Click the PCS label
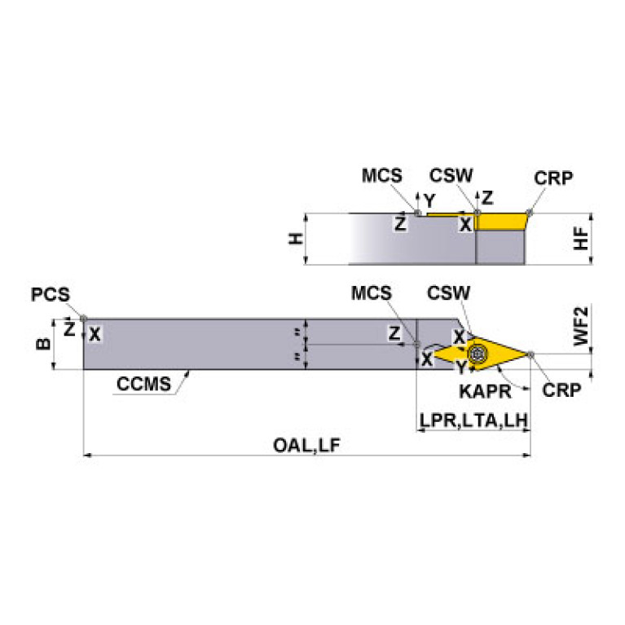(x=51, y=294)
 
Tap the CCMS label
(x=143, y=384)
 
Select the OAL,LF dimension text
(x=306, y=445)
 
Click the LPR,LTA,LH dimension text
(x=474, y=420)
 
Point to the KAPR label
(x=485, y=391)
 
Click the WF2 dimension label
(x=581, y=326)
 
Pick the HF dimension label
(x=581, y=239)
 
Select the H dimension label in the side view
(x=296, y=239)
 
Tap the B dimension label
(x=43, y=344)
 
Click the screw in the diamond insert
(x=477, y=353)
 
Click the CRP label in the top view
(x=553, y=178)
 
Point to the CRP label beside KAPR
(x=561, y=390)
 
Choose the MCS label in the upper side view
(x=382, y=175)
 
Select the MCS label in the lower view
(x=371, y=293)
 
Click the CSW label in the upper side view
(x=451, y=175)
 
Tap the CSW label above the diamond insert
(x=448, y=293)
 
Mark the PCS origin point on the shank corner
(x=83, y=319)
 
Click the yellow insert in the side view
(x=500, y=221)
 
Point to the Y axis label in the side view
(x=429, y=201)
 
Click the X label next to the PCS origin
(x=95, y=334)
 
